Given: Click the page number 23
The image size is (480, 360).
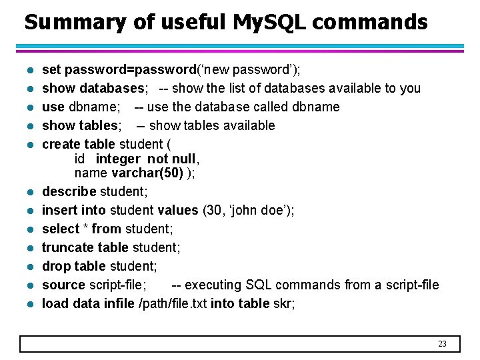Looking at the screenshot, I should (442, 344).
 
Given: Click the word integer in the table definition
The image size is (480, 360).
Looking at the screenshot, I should (118, 159).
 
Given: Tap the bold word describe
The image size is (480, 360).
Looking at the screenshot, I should (69, 192).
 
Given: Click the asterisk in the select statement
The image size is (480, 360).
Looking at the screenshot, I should (85, 229).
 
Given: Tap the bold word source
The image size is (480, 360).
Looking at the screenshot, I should (63, 285).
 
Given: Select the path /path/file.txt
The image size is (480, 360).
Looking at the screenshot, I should (173, 304).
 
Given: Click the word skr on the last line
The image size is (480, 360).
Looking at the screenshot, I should (283, 304).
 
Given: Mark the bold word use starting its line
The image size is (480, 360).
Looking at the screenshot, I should (53, 107).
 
